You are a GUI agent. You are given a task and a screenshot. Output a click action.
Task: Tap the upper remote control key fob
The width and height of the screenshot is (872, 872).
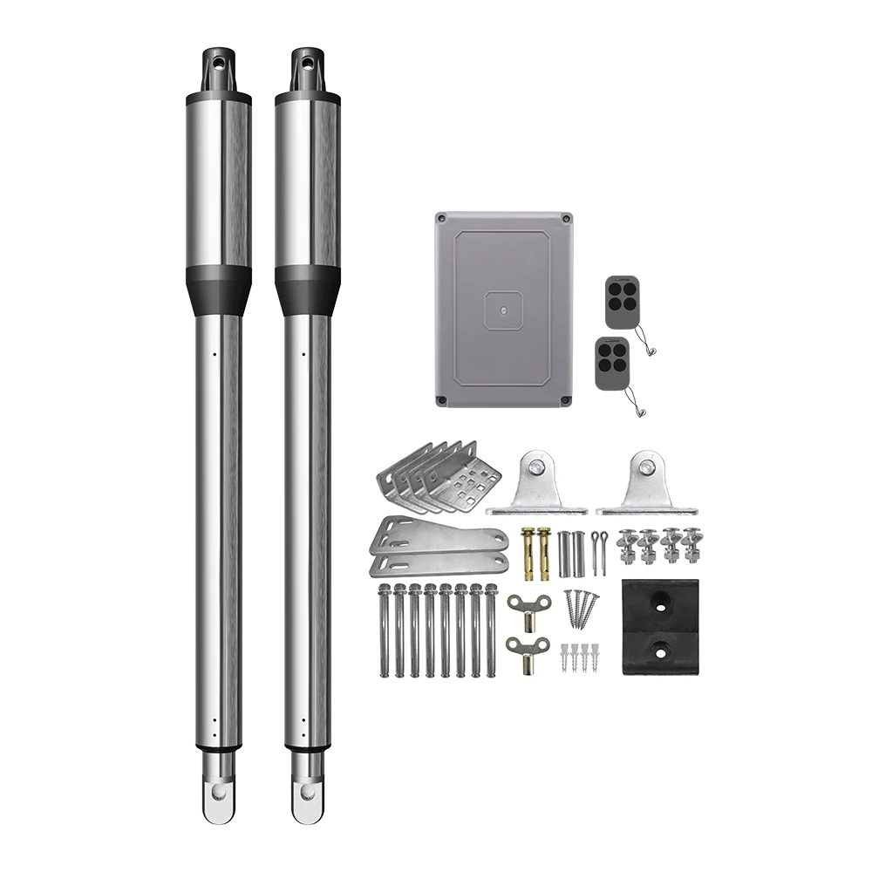pyautogui.click(x=620, y=302)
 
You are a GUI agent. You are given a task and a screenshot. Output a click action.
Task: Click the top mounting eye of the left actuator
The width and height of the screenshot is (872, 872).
pyautogui.click(x=218, y=64)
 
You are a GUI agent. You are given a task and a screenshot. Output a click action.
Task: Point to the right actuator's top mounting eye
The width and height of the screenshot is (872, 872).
pyautogui.click(x=307, y=64)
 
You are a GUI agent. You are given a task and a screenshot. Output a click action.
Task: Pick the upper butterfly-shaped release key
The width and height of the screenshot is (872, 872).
pyautogui.click(x=529, y=606)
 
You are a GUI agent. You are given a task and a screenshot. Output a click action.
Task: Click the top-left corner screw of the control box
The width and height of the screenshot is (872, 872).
pyautogui.click(x=442, y=217)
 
